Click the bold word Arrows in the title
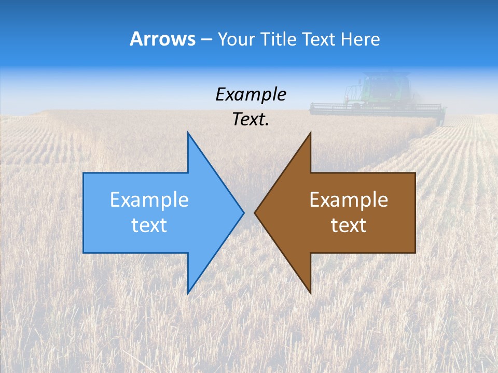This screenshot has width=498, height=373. [x=162, y=39]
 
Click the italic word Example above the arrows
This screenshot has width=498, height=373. [x=251, y=95]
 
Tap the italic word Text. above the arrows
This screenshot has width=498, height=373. [x=251, y=120]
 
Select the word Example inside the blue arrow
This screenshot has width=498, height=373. [x=149, y=200]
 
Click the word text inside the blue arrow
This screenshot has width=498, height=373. [x=149, y=225]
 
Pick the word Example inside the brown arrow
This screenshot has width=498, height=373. [x=349, y=200]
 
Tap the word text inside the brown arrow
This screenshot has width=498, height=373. [x=349, y=225]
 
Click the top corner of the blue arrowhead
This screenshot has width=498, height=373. [x=188, y=134]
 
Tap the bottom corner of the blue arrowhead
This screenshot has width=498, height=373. [x=188, y=293]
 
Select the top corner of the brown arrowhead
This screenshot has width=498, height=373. [x=310, y=134]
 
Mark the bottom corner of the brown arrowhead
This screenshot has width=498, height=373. [x=310, y=293]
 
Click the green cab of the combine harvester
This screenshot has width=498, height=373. [x=386, y=87]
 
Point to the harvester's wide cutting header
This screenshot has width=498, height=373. [x=377, y=108]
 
